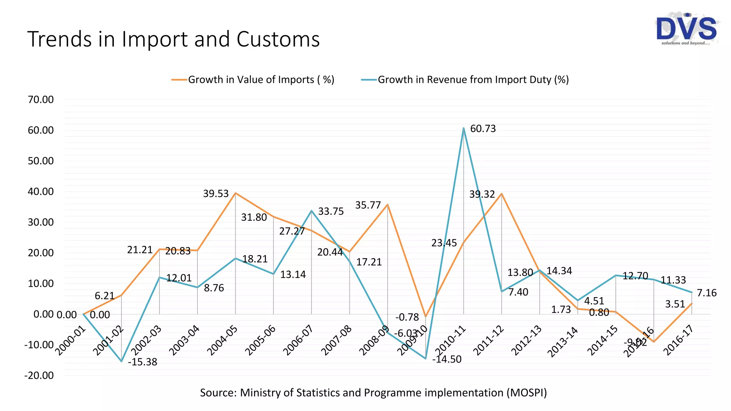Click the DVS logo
point(686,30)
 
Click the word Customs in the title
point(278,39)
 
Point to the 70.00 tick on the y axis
point(41,100)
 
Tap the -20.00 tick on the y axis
point(39,375)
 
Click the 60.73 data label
point(483,129)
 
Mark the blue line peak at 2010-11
point(464,128)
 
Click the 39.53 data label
point(216,194)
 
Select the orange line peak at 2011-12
point(501,194)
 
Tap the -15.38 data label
point(142,362)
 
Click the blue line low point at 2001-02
point(122,361)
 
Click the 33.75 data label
point(331,212)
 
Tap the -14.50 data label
point(447,359)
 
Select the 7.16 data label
point(706,293)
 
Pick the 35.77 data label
point(368,205)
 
